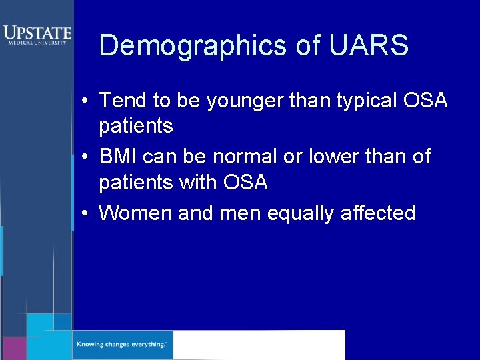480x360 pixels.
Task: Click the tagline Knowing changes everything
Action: [x=121, y=345]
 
